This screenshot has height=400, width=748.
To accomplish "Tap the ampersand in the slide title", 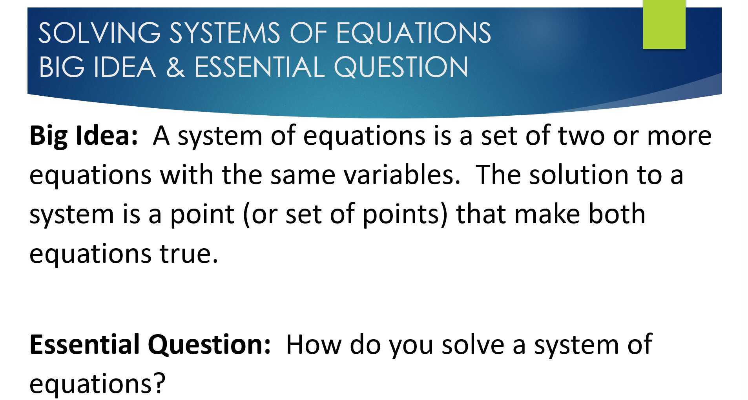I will tap(175, 67).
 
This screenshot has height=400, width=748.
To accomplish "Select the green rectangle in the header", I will tap(664, 24).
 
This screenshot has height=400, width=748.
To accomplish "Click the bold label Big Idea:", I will tap(84, 136).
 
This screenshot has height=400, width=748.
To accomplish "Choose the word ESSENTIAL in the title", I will tap(259, 67).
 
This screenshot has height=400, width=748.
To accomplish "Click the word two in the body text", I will tap(581, 136).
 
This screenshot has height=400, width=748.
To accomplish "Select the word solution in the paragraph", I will tap(579, 175).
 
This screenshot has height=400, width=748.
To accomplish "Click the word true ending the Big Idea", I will tap(188, 254).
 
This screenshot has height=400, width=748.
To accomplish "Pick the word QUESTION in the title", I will tap(401, 67).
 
